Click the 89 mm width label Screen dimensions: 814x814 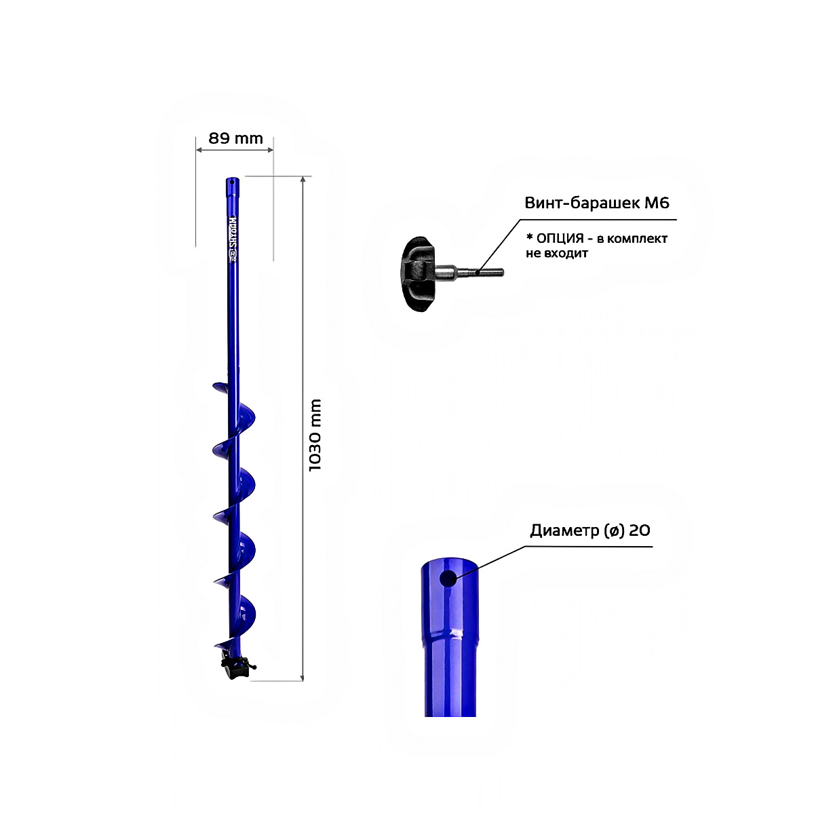click(235, 138)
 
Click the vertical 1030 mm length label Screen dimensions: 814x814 click(315, 435)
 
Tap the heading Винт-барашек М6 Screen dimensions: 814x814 click(597, 203)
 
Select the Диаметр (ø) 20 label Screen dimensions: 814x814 click(590, 530)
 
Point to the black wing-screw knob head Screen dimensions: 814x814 click(418, 274)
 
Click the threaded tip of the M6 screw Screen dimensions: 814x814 click(490, 273)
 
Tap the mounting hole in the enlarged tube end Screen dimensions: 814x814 click(448, 579)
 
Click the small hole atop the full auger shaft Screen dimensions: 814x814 click(232, 182)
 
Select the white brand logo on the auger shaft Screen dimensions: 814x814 click(233, 239)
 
